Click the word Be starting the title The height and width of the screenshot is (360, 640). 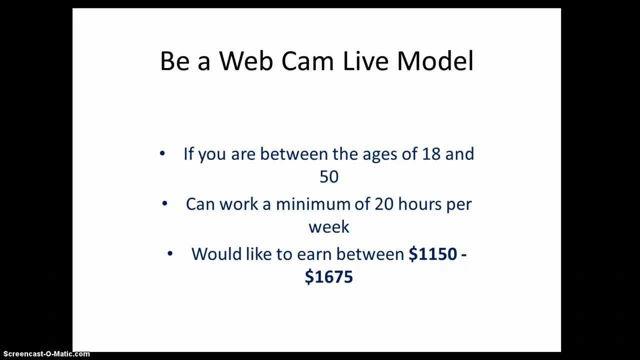coord(173,61)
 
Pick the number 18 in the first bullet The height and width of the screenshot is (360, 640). coord(431,153)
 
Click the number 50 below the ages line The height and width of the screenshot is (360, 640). coord(328,176)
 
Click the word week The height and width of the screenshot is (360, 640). coord(328,227)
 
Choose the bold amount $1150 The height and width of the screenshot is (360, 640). coord(433,254)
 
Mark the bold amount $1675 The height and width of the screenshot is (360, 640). coord(328,277)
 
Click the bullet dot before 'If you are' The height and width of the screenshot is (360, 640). coord(162,153)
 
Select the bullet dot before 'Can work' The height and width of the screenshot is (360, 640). coord(165,203)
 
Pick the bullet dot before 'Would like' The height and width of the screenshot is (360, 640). coord(170,253)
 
